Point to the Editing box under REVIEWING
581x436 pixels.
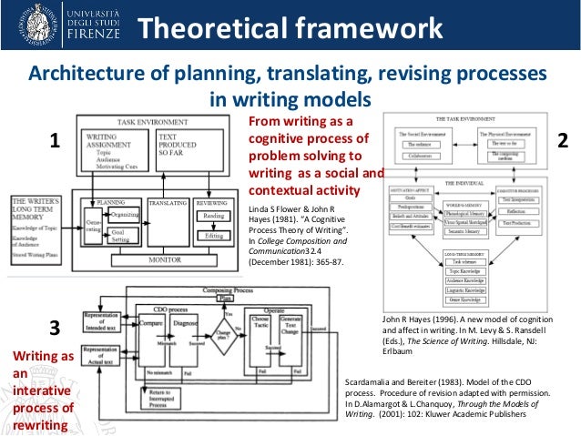point(215,235)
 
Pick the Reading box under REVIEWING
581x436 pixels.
point(215,216)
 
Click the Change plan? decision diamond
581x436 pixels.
point(232,326)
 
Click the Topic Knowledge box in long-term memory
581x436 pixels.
point(464,271)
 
